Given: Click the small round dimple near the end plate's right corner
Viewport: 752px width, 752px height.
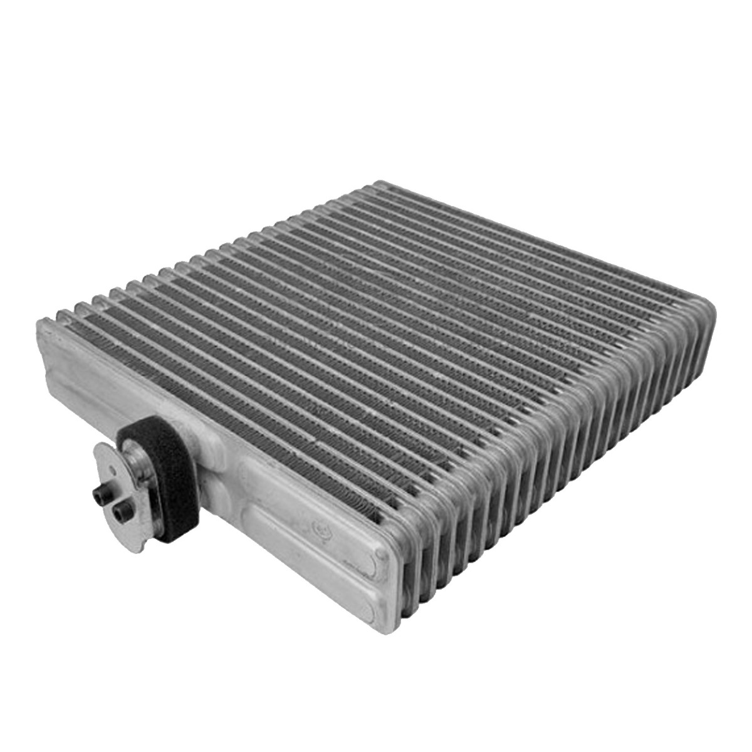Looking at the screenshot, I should coord(380,555).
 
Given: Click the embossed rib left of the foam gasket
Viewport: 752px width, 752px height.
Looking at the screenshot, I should coord(81,389).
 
